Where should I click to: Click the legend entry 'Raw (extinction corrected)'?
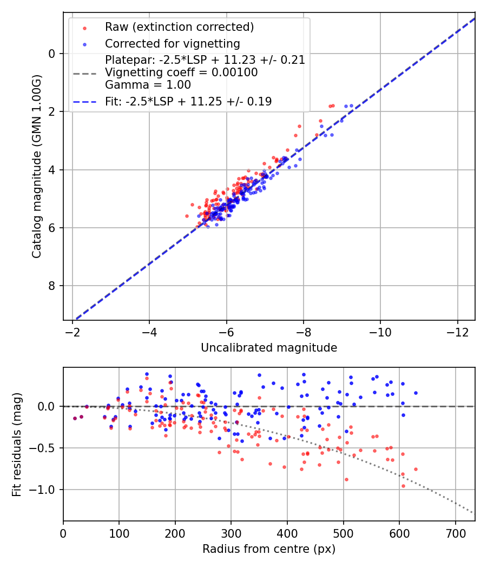[179, 27]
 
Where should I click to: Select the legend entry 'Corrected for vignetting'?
[173, 43]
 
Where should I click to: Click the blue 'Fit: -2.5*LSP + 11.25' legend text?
[188, 102]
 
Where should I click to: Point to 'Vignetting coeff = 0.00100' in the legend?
[181, 72]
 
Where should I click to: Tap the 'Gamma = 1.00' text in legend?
[148, 85]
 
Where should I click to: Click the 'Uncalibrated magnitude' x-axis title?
[269, 348]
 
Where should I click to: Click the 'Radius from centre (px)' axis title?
[269, 549]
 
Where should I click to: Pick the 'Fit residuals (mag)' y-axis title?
[17, 444]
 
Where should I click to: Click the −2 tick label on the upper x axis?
[73, 331]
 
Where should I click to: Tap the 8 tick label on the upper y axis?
[52, 286]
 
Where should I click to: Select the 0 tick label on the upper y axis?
[52, 54]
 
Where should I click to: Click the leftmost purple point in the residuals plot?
[75, 418]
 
